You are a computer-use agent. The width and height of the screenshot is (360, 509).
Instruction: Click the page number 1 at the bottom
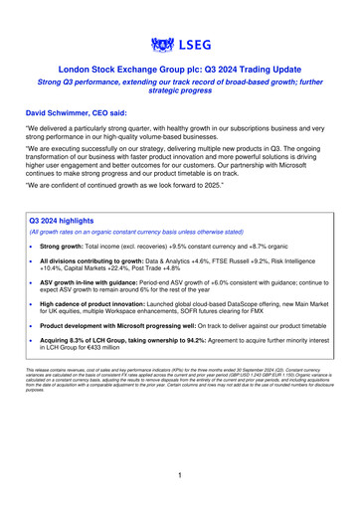tap(180, 475)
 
